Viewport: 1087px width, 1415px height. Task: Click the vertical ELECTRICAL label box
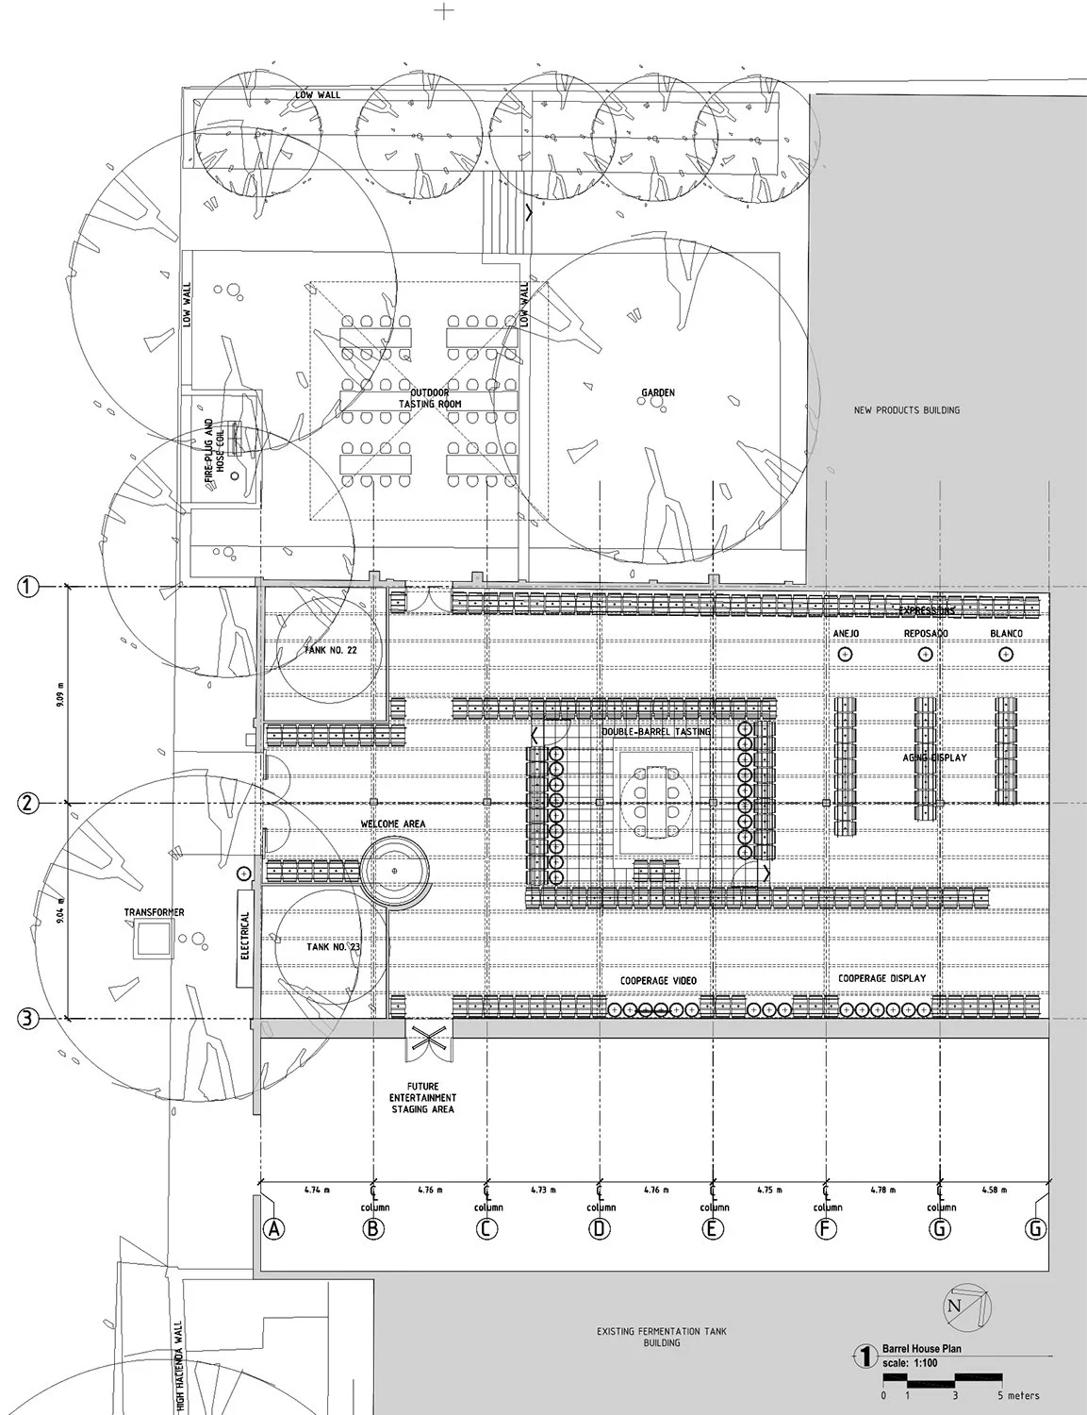coord(245,936)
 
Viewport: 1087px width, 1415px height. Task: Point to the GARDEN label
coord(658,392)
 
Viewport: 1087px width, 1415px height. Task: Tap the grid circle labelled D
coord(600,1228)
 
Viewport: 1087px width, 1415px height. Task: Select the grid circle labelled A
coord(273,1228)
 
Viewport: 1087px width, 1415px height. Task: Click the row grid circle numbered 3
coord(29,1019)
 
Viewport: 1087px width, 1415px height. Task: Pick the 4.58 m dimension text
coord(996,1190)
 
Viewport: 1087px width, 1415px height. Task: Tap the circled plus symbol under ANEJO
coord(845,654)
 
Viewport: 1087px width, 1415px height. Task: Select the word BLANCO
coord(1005,633)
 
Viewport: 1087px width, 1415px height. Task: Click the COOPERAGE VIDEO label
coord(658,981)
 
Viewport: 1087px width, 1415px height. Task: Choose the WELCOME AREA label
coord(393,824)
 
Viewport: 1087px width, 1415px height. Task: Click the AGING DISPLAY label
coord(933,757)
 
